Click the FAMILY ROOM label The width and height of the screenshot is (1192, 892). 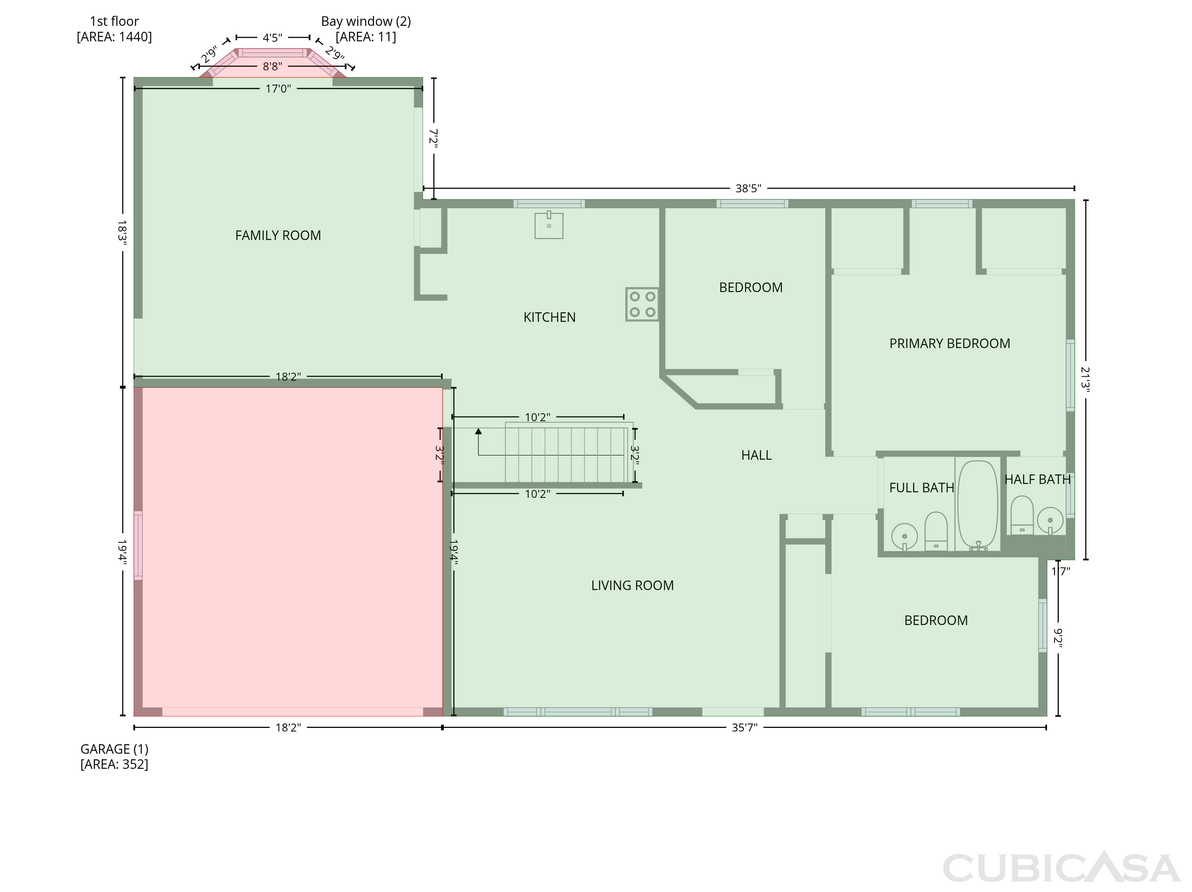(278, 236)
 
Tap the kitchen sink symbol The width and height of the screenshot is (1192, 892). (549, 225)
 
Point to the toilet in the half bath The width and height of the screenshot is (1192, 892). (1022, 515)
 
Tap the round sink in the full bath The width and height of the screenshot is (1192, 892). (905, 536)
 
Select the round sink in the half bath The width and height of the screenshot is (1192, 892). (1050, 520)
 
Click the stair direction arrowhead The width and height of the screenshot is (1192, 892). (478, 431)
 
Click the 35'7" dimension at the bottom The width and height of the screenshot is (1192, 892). (744, 728)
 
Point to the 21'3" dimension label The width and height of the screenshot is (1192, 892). (1085, 379)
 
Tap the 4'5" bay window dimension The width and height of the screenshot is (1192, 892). (273, 38)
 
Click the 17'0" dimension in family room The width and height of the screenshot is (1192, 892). (278, 88)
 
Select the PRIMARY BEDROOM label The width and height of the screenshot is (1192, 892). (950, 344)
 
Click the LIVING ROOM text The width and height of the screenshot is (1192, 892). (632, 585)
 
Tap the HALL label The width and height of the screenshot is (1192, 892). (756, 455)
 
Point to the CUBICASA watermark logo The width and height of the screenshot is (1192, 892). (1062, 867)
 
